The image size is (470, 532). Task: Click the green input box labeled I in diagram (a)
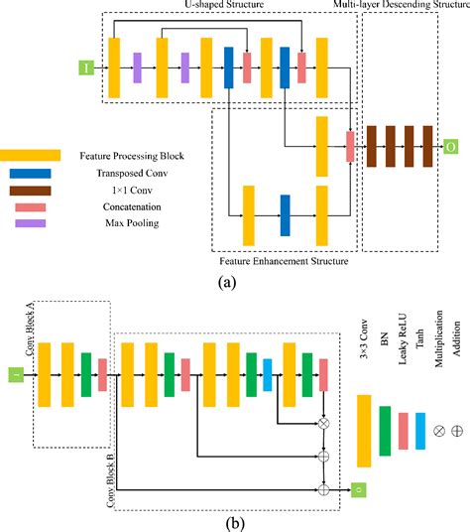[x=87, y=68]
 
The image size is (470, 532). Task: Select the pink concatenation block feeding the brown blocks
[x=350, y=146]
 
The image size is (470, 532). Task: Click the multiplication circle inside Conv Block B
[x=323, y=422]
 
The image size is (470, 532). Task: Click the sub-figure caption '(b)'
[x=231, y=521]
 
